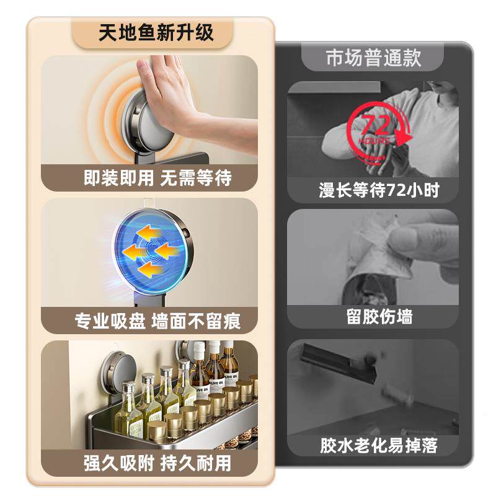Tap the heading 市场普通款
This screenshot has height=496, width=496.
tap(373, 58)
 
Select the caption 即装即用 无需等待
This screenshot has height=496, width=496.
tap(157, 179)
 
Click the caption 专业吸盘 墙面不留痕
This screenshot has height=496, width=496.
tap(157, 321)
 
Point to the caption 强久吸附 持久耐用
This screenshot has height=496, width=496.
tap(157, 463)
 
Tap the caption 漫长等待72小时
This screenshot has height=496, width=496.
tap(379, 190)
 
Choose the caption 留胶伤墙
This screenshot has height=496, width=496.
tap(379, 317)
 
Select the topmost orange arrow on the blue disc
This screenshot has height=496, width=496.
tap(149, 232)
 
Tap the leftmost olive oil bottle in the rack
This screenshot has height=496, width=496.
tap(127, 409)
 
